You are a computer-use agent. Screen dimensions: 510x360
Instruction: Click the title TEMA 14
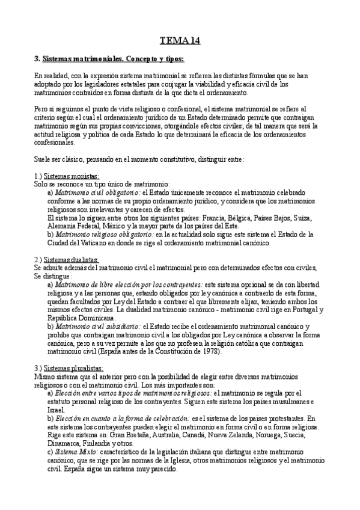180,41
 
